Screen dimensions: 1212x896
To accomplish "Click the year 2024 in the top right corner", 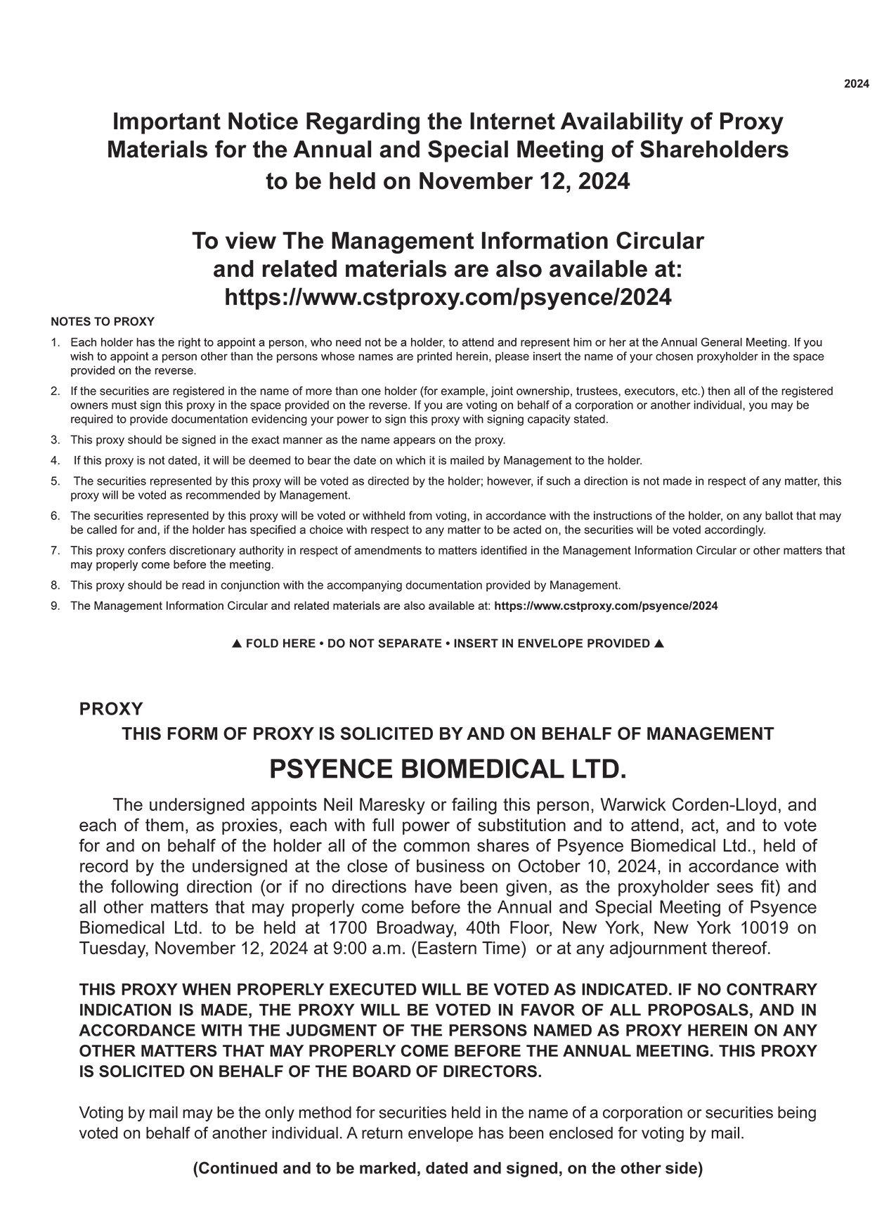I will point(856,84).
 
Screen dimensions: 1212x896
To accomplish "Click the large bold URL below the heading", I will point(448,297).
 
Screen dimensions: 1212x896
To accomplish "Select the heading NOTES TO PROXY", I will point(103,322).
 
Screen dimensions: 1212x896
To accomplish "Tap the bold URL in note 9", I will point(606,606).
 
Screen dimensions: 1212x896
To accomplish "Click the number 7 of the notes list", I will point(55,551).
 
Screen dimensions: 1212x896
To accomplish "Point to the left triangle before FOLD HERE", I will point(237,644).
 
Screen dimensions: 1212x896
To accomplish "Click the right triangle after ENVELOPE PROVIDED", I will point(658,644).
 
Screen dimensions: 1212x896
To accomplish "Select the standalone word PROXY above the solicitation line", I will point(111,708).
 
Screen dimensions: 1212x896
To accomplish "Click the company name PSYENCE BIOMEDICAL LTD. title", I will point(448,769).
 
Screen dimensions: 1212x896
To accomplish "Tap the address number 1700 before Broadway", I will point(351,928).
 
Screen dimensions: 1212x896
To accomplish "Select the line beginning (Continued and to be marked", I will point(448,1168).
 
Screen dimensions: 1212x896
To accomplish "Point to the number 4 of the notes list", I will point(55,461).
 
